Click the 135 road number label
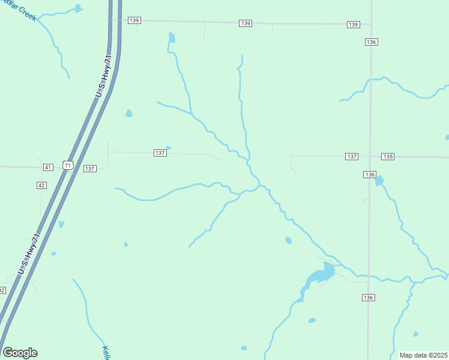coord(387,157)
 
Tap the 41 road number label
coord(48,166)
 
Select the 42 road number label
coord(41,185)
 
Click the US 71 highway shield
coord(67,165)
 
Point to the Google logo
coord(20,353)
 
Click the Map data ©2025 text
coord(423,355)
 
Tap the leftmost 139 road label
coord(134,20)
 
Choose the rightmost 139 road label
coord(353,25)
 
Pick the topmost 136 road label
coord(370,41)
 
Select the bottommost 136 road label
coord(369,298)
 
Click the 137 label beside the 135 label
coord(352,157)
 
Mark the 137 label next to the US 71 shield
coord(89,169)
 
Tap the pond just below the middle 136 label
coord(379,180)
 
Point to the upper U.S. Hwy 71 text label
coord(104,76)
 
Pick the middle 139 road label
coord(245,23)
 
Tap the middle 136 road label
coord(369,174)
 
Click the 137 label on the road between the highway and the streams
coord(160,153)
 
